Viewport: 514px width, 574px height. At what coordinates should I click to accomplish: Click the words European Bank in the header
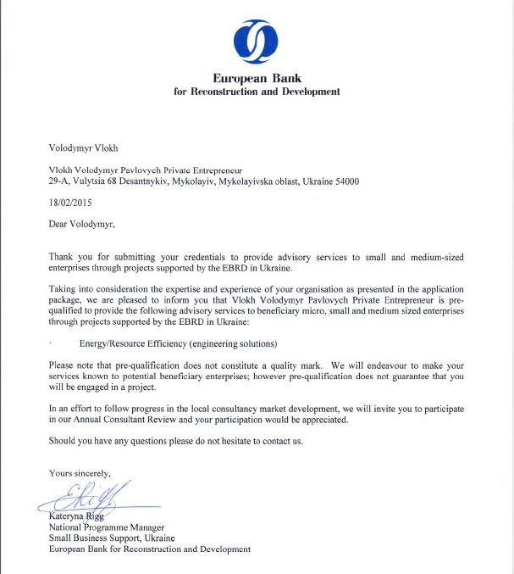(257, 78)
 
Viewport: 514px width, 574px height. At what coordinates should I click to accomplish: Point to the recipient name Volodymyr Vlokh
(83, 147)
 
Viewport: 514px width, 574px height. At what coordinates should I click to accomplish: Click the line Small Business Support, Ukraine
(112, 538)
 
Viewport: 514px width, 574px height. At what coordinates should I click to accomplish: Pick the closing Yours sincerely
(80, 473)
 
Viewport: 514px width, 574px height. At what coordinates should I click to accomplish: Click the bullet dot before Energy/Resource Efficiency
(52, 345)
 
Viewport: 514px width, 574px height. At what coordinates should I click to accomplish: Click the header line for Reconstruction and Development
(257, 92)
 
